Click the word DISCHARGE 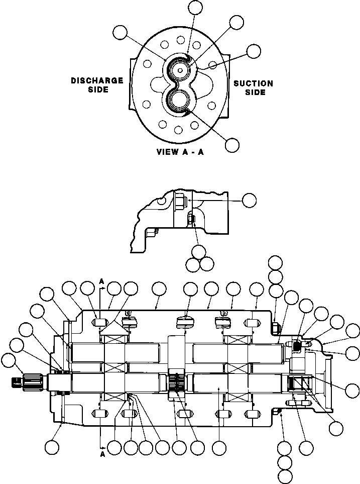[97, 80]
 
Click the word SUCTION [253, 83]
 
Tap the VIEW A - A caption [179, 152]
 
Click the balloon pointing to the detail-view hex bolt [249, 200]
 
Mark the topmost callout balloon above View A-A [195, 7]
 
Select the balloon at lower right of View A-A [232, 145]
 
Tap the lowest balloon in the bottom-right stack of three [285, 475]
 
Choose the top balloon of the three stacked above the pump [275, 262]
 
